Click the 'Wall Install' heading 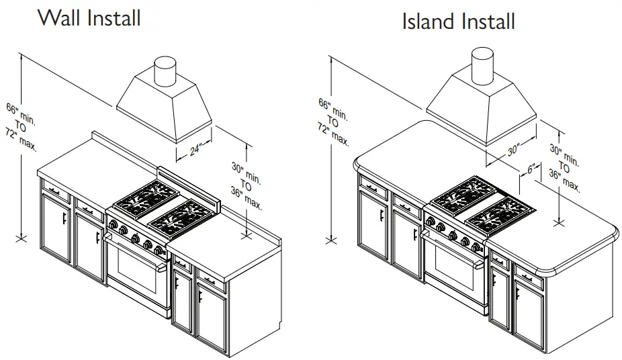89,18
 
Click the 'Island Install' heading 458,21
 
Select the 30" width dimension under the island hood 514,150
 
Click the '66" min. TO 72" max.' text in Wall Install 21,127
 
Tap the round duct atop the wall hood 165,71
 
